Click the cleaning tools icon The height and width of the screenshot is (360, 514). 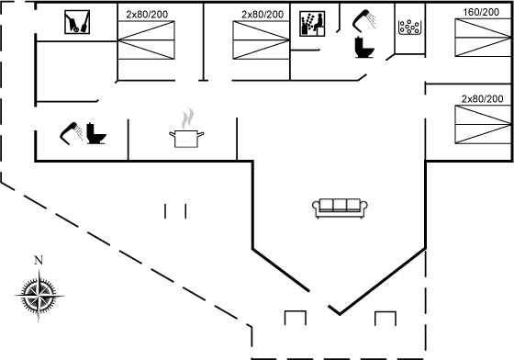tap(77, 22)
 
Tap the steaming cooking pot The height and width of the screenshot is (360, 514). tap(186, 139)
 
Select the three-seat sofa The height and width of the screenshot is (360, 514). tap(340, 208)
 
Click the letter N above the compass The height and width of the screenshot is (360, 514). tap(39, 260)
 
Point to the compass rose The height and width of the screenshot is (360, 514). tap(39, 296)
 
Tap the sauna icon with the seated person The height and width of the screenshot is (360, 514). tap(312, 24)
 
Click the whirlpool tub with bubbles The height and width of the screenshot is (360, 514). tap(409, 28)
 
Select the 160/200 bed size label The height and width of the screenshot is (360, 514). tap(481, 12)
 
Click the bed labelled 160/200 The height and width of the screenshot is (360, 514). tap(483, 38)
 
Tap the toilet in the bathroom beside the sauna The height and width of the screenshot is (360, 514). tap(363, 48)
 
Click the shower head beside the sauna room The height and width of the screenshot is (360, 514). tap(363, 20)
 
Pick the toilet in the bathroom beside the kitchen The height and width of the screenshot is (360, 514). tap(95, 133)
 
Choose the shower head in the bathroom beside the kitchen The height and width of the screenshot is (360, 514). tap(71, 133)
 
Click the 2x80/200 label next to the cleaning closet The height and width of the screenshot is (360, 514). tap(147, 15)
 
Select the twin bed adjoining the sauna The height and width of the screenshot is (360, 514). tap(261, 40)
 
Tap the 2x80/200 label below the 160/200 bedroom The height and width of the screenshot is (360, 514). tap(482, 98)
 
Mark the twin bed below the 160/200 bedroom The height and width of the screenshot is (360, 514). tap(483, 125)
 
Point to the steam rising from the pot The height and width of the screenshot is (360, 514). tap(187, 118)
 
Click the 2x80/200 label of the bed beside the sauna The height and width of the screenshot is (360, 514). tap(263, 15)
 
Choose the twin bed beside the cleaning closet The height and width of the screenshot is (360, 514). tap(146, 40)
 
